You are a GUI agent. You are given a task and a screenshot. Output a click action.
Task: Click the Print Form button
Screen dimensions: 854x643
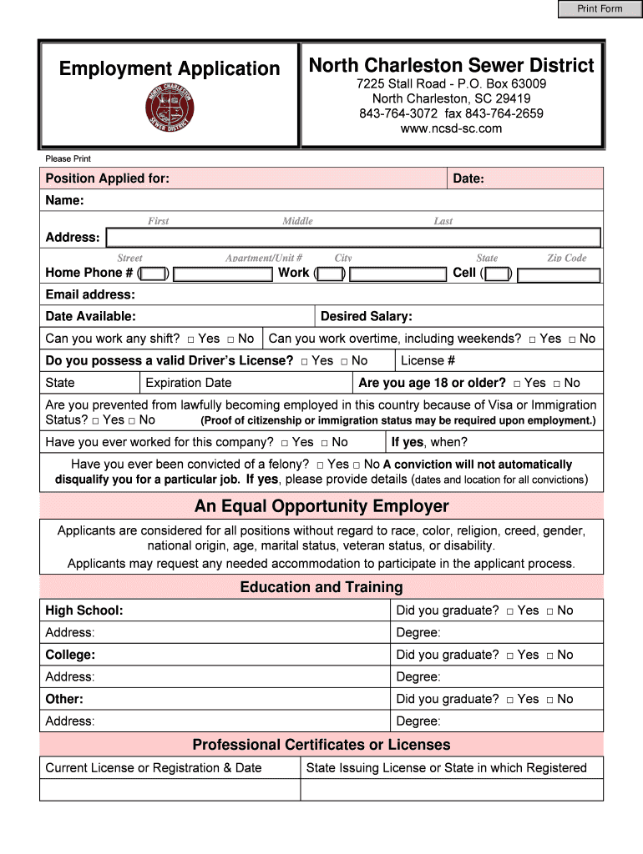click(x=600, y=9)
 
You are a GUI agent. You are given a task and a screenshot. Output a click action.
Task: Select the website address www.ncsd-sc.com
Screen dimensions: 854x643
click(x=451, y=128)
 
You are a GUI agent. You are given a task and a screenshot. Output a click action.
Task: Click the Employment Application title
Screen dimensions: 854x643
click(x=170, y=68)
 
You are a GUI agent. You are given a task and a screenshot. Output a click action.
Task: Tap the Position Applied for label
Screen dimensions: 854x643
click(x=107, y=178)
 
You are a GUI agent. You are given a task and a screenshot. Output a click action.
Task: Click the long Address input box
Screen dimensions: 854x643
click(x=352, y=238)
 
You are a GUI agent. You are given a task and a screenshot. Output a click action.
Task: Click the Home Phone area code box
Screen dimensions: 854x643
click(x=154, y=274)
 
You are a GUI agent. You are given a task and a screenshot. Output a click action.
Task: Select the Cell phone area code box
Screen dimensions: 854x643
click(x=498, y=274)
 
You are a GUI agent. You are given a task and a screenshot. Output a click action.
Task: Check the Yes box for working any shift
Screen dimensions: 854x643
click(x=191, y=339)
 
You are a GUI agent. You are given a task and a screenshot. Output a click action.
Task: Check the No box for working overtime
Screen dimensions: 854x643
click(x=572, y=339)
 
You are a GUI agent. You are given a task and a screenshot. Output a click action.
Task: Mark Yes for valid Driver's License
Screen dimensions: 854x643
click(x=305, y=361)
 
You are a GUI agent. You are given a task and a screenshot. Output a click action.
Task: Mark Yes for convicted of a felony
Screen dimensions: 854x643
click(x=321, y=465)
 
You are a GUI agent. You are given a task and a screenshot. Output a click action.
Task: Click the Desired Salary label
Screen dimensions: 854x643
click(x=366, y=316)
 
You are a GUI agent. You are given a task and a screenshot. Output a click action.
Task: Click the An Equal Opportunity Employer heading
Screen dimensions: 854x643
click(x=321, y=506)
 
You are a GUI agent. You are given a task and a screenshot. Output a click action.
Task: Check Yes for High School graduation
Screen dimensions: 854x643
click(x=509, y=611)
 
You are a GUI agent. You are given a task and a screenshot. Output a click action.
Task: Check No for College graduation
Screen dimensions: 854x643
click(x=549, y=656)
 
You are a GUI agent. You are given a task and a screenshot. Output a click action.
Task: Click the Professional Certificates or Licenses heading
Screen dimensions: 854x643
click(x=321, y=745)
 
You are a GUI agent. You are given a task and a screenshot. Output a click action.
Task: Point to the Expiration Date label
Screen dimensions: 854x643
click(x=189, y=383)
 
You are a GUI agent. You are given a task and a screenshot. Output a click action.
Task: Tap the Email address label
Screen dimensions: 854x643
click(x=90, y=294)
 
